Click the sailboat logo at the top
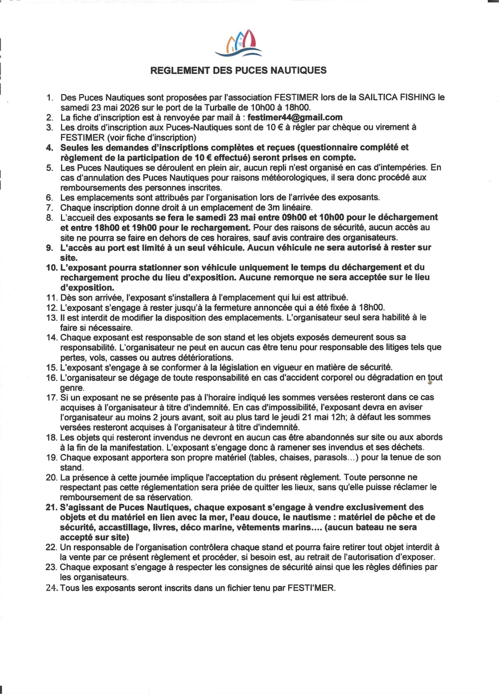click(x=238, y=44)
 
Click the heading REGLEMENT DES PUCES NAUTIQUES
click(x=238, y=70)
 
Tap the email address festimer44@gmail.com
click(x=295, y=117)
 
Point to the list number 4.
click(x=50, y=147)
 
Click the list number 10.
click(x=52, y=267)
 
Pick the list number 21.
click(x=51, y=507)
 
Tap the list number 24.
click(x=52, y=588)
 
